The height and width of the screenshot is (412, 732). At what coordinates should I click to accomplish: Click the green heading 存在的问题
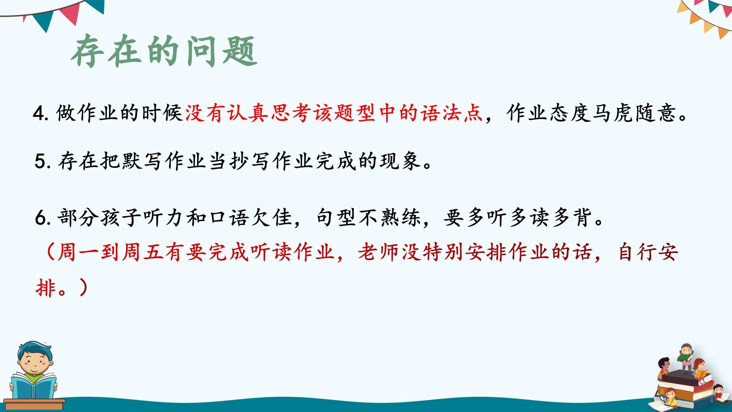pyautogui.click(x=164, y=51)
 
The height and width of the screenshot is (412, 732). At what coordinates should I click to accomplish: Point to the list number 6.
pyautogui.click(x=42, y=218)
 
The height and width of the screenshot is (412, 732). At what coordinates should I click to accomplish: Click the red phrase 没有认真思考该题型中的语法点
pyautogui.click(x=334, y=113)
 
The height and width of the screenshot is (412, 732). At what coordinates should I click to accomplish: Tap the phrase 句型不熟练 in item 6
pyautogui.click(x=369, y=217)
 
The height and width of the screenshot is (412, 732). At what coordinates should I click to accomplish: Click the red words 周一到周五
pyautogui.click(x=111, y=252)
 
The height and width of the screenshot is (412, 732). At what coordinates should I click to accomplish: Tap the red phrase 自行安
pyautogui.click(x=648, y=252)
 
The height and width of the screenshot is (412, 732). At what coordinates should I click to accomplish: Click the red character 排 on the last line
pyautogui.click(x=46, y=288)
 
